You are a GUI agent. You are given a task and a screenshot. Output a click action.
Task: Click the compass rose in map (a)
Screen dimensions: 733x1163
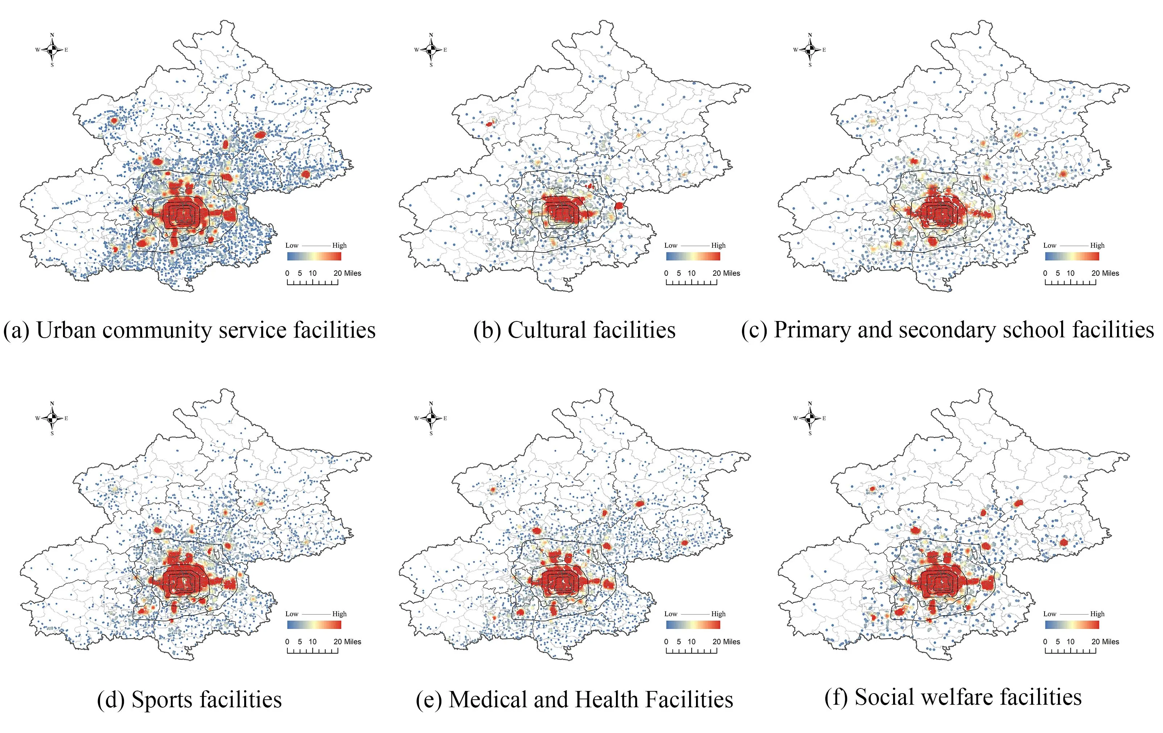click(x=52, y=50)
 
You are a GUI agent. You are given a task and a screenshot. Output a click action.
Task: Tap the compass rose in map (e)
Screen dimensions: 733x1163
click(x=431, y=418)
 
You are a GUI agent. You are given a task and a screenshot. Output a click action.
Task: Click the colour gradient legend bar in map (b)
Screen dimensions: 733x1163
click(x=693, y=256)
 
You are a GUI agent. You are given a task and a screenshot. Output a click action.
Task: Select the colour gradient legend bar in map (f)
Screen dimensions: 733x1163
click(x=1072, y=624)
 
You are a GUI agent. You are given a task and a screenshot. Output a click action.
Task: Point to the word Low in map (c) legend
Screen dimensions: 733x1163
click(x=1050, y=245)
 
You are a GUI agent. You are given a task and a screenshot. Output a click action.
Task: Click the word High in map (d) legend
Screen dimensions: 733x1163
click(x=339, y=614)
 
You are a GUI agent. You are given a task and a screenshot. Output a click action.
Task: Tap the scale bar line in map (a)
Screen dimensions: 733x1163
click(x=312, y=283)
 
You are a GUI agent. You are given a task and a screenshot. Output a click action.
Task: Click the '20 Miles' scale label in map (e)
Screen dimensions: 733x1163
click(x=726, y=642)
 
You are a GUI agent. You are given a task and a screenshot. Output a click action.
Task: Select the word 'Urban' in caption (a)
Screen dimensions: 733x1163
click(x=65, y=331)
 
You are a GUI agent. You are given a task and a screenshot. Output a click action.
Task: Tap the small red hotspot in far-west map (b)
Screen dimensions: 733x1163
click(x=489, y=124)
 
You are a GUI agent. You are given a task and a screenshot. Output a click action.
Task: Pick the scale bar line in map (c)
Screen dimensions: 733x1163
click(x=1070, y=283)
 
